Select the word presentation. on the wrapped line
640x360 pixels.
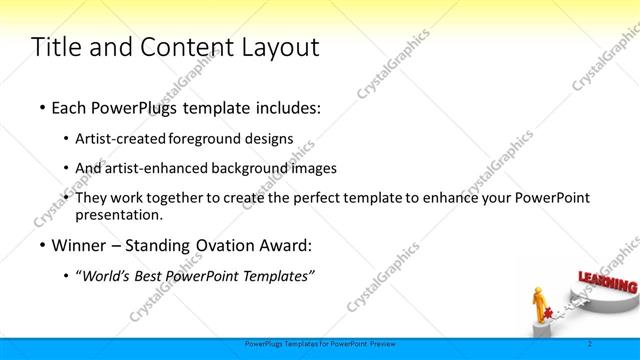(118, 214)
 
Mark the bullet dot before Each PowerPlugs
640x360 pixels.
(41, 106)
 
